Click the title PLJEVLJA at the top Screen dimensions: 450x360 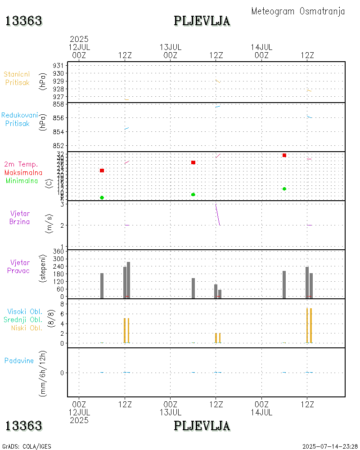pyautogui.click(x=202, y=21)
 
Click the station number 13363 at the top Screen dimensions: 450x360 pyautogui.click(x=23, y=21)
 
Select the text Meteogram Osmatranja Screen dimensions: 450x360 pyautogui.click(x=298, y=11)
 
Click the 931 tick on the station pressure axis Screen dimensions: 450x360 pyautogui.click(x=59, y=66)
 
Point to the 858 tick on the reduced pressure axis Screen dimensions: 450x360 pyautogui.click(x=59, y=104)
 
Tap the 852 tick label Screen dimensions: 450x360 pyautogui.click(x=59, y=146)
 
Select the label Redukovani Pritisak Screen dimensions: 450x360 pyautogui.click(x=19, y=119)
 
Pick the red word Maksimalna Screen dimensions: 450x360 pyautogui.click(x=23, y=173)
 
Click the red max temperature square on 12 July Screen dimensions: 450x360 pyautogui.click(x=102, y=171)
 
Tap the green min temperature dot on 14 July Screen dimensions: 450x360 pyautogui.click(x=284, y=189)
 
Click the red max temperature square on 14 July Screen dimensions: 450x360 pyautogui.click(x=284, y=155)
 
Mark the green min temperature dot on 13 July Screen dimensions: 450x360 pyautogui.click(x=193, y=194)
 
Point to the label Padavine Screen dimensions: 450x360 pyautogui.click(x=19, y=360)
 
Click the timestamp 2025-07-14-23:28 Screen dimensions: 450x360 pyautogui.click(x=330, y=446)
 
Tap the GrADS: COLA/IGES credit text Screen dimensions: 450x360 pyautogui.click(x=27, y=446)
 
